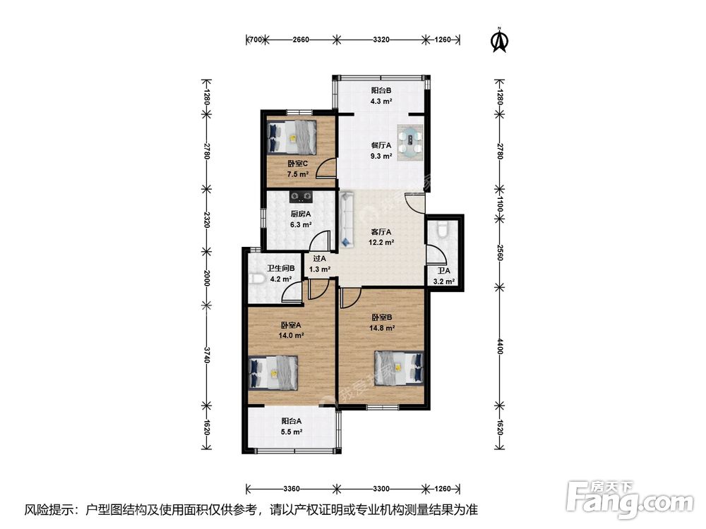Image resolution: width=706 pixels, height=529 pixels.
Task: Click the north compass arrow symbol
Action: (x=499, y=40)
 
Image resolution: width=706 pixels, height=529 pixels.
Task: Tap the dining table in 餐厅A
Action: (x=410, y=142)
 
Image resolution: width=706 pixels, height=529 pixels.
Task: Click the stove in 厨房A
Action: (x=301, y=196)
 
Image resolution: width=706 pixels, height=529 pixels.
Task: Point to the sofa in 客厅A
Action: (x=346, y=219)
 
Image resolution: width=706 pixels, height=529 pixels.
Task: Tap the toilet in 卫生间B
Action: (x=256, y=279)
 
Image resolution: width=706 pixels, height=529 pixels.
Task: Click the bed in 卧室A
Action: (x=273, y=372)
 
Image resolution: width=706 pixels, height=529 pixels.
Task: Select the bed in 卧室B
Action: (x=399, y=368)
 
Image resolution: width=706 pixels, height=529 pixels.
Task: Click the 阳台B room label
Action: (x=381, y=90)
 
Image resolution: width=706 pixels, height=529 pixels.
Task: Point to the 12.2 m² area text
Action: (x=381, y=243)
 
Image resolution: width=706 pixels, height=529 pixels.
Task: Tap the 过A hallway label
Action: (x=319, y=259)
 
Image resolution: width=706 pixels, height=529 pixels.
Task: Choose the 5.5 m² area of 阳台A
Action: (x=292, y=432)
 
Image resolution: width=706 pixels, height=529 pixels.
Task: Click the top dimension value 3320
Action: (x=381, y=39)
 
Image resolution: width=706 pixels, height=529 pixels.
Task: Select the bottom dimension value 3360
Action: (x=292, y=489)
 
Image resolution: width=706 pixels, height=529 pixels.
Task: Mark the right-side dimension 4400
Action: (x=499, y=346)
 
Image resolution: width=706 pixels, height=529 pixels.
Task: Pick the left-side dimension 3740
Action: (x=206, y=355)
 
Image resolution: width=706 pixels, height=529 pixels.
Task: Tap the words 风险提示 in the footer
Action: (x=49, y=510)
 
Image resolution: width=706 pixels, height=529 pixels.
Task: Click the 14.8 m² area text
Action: (x=382, y=329)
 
